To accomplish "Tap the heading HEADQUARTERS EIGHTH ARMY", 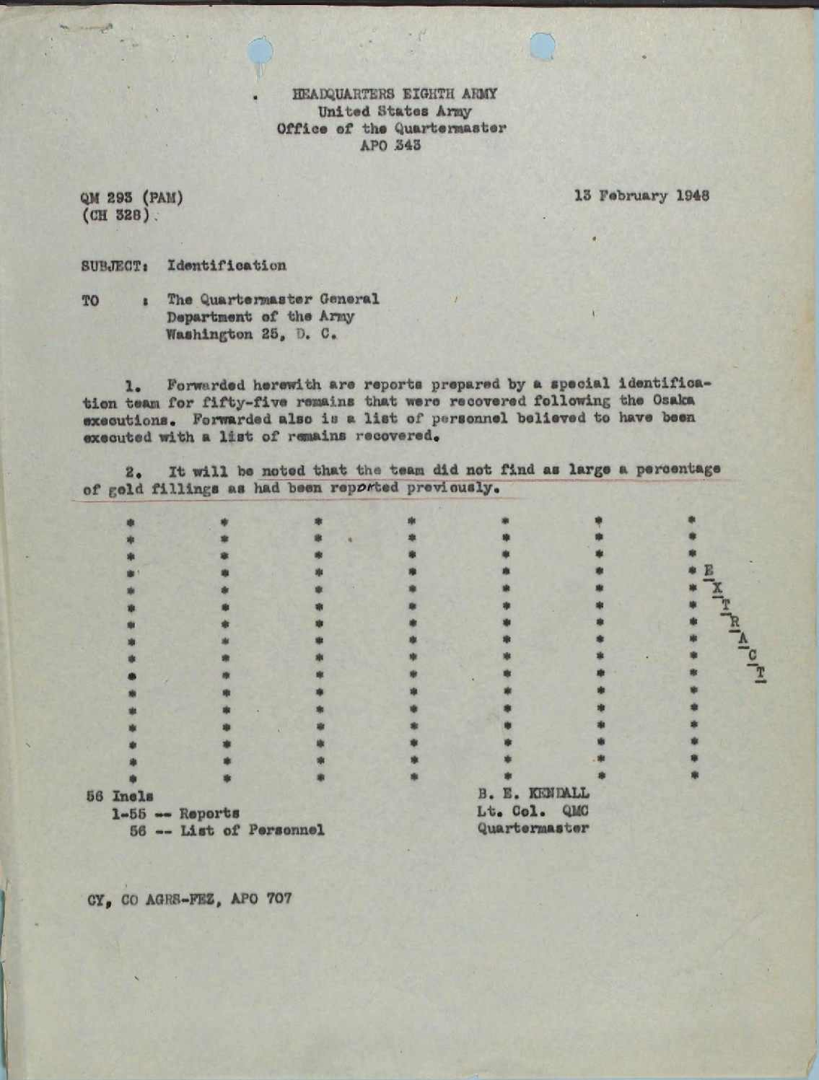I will (x=395, y=94).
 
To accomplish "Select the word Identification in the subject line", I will (x=227, y=265).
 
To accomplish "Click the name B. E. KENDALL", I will (x=533, y=794).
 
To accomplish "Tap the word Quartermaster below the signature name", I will (x=533, y=828).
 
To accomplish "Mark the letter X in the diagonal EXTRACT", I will (x=717, y=588).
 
